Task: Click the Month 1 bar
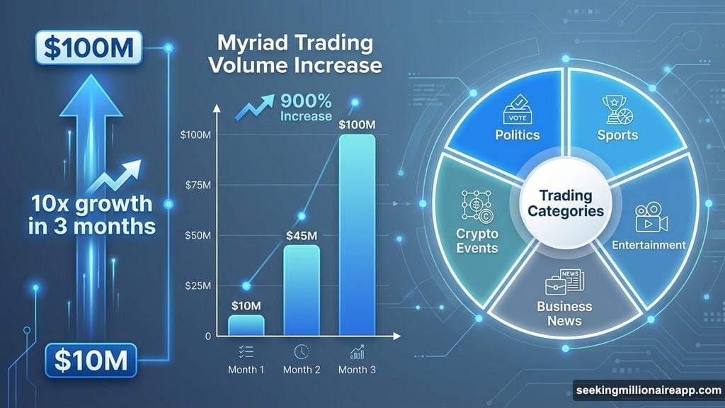pos(246,325)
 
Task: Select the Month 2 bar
pos(302,290)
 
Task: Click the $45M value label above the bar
pos(302,235)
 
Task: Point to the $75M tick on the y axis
pos(196,186)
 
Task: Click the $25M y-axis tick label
pos(196,286)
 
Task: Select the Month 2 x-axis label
pos(302,370)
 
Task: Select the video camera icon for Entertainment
pos(649,218)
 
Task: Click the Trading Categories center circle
pos(566,203)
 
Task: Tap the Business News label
pos(564,313)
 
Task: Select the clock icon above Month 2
pos(302,351)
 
